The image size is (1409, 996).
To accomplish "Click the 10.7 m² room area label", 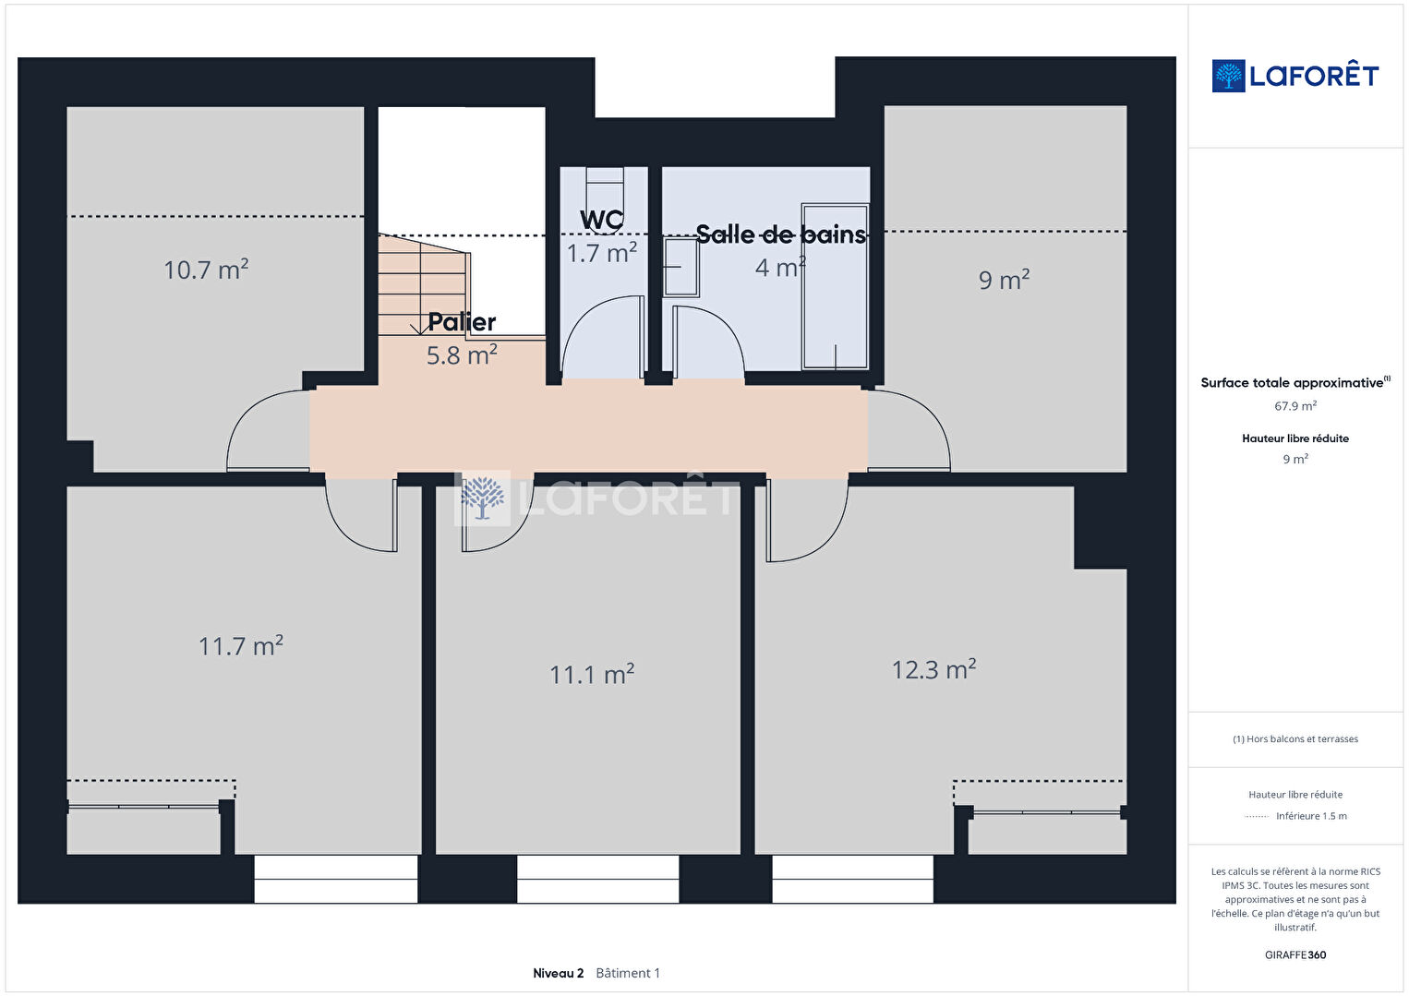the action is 206,270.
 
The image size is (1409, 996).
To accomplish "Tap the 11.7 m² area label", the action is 241,645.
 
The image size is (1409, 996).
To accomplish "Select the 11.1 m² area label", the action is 592,674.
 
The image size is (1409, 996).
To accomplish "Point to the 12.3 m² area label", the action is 934,668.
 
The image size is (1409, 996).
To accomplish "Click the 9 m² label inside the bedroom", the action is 1004,279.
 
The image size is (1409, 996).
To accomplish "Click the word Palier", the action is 462,322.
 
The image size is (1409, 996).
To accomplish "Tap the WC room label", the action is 602,220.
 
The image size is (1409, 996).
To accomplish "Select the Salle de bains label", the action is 781,234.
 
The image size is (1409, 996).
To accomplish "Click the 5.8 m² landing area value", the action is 462,354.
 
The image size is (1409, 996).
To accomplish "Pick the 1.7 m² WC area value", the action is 602,253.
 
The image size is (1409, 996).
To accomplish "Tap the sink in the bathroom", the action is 681,267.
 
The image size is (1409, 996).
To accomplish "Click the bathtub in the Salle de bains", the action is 836,286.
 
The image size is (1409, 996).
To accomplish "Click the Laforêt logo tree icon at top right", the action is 1228,76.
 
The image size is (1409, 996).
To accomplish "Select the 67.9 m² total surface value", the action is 1295,405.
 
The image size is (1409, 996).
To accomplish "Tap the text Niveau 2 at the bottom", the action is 558,973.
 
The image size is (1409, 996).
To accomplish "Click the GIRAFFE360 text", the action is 1295,954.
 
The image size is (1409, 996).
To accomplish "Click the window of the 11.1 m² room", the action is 597,879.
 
